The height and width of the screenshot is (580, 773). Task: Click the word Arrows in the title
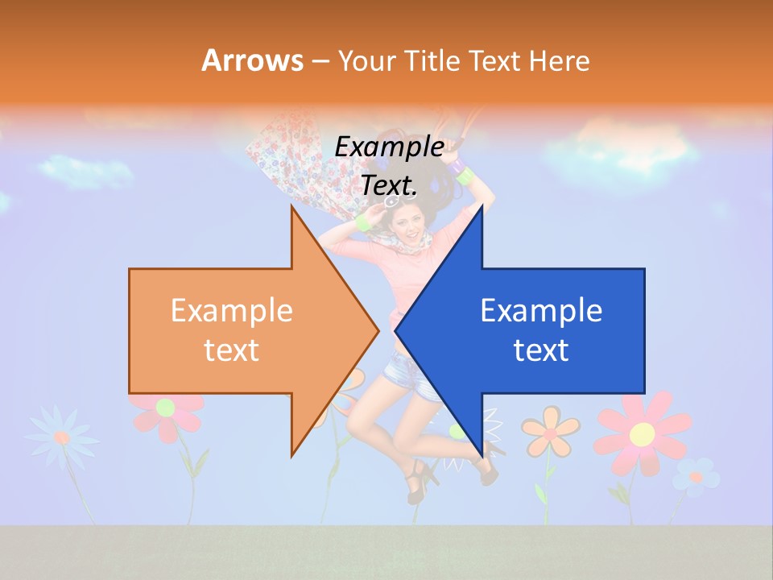point(252,60)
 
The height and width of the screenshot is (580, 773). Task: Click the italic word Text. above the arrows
point(389,185)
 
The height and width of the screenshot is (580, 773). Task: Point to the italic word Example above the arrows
point(389,147)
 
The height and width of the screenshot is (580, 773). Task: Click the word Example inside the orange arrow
point(232,311)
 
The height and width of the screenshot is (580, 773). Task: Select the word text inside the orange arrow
point(232,350)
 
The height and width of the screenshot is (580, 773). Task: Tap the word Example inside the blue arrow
point(541,311)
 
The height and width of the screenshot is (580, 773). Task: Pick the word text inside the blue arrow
point(541,350)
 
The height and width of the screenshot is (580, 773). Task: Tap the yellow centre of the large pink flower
point(642,434)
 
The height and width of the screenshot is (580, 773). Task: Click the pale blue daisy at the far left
point(61,437)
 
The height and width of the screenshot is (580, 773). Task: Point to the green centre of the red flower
point(166,407)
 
